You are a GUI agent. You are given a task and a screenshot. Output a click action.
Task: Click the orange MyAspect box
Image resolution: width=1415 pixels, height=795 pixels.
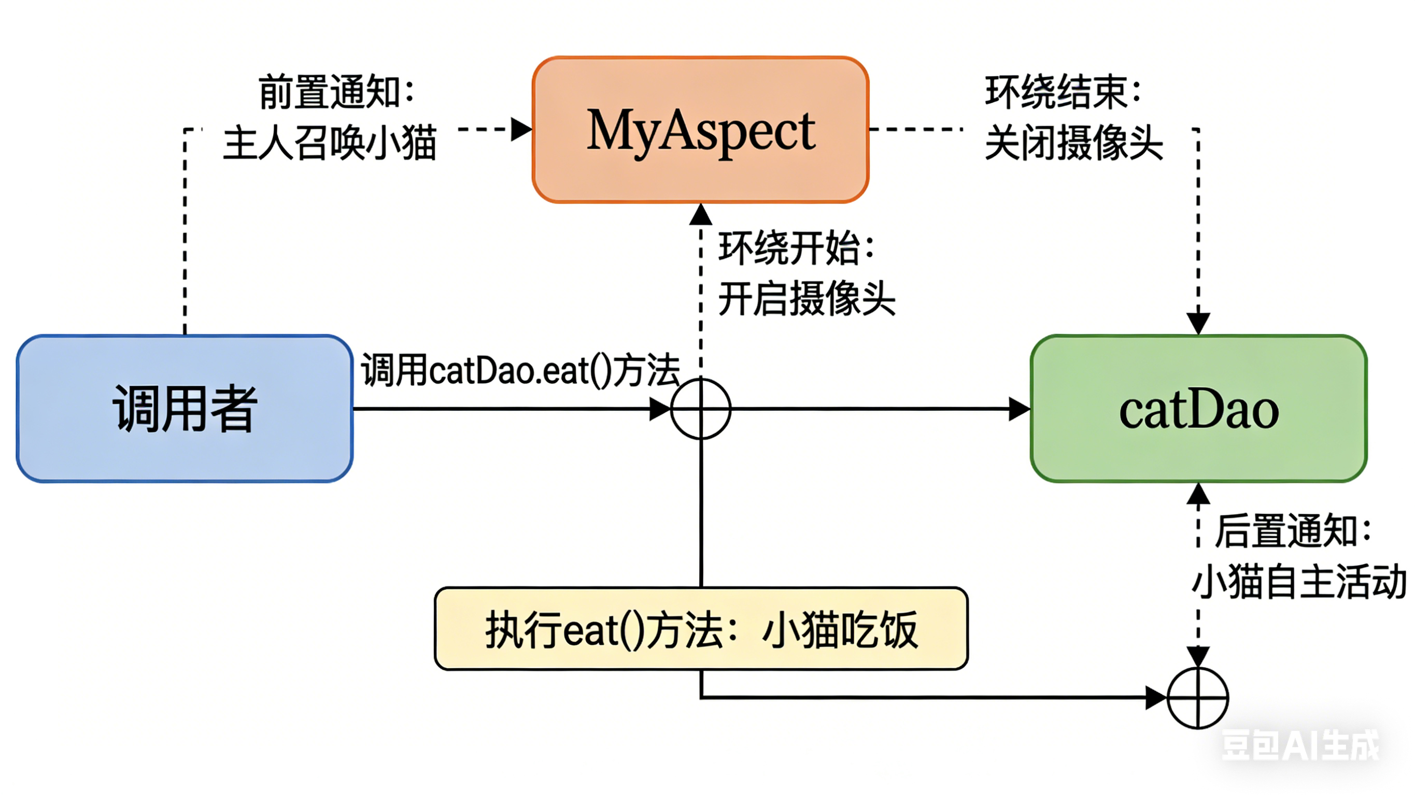(700, 129)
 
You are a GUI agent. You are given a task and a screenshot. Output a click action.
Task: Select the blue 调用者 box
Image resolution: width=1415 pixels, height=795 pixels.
(185, 409)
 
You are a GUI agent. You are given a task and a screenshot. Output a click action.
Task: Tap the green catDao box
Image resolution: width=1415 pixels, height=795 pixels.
(1198, 409)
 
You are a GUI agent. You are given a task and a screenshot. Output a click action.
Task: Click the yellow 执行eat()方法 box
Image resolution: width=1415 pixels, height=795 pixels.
(701, 629)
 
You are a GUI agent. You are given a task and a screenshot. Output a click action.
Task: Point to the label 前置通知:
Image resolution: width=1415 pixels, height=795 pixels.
(336, 92)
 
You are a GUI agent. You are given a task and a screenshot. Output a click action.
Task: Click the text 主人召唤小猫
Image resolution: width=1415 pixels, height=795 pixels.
(330, 143)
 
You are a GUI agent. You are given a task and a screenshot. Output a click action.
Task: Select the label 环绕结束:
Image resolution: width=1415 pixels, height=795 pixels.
(1064, 92)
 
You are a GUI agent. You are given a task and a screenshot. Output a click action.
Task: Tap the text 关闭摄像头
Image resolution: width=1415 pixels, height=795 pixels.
(1074, 143)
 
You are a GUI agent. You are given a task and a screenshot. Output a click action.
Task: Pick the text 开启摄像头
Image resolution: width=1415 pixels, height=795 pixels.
(806, 299)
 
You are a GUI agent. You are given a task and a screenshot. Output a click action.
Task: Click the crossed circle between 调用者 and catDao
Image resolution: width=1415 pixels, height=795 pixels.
(701, 409)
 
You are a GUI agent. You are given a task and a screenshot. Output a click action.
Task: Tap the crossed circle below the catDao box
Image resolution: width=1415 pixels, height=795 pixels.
(1197, 698)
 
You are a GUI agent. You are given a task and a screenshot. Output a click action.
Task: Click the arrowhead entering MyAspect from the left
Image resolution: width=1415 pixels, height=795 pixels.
(521, 129)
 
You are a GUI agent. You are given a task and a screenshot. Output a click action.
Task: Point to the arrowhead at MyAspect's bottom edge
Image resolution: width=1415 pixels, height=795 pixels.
(701, 214)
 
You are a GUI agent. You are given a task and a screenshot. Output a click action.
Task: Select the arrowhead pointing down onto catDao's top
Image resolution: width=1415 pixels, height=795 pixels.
(1198, 323)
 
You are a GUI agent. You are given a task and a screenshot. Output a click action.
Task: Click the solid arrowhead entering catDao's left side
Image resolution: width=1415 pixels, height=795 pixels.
(1019, 409)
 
